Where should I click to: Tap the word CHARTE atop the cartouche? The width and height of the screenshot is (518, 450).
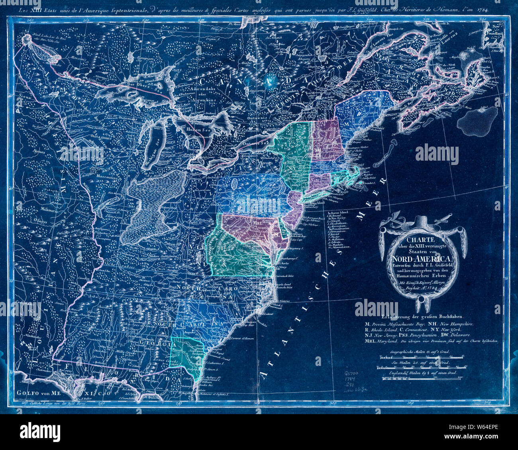[x=423, y=240]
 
